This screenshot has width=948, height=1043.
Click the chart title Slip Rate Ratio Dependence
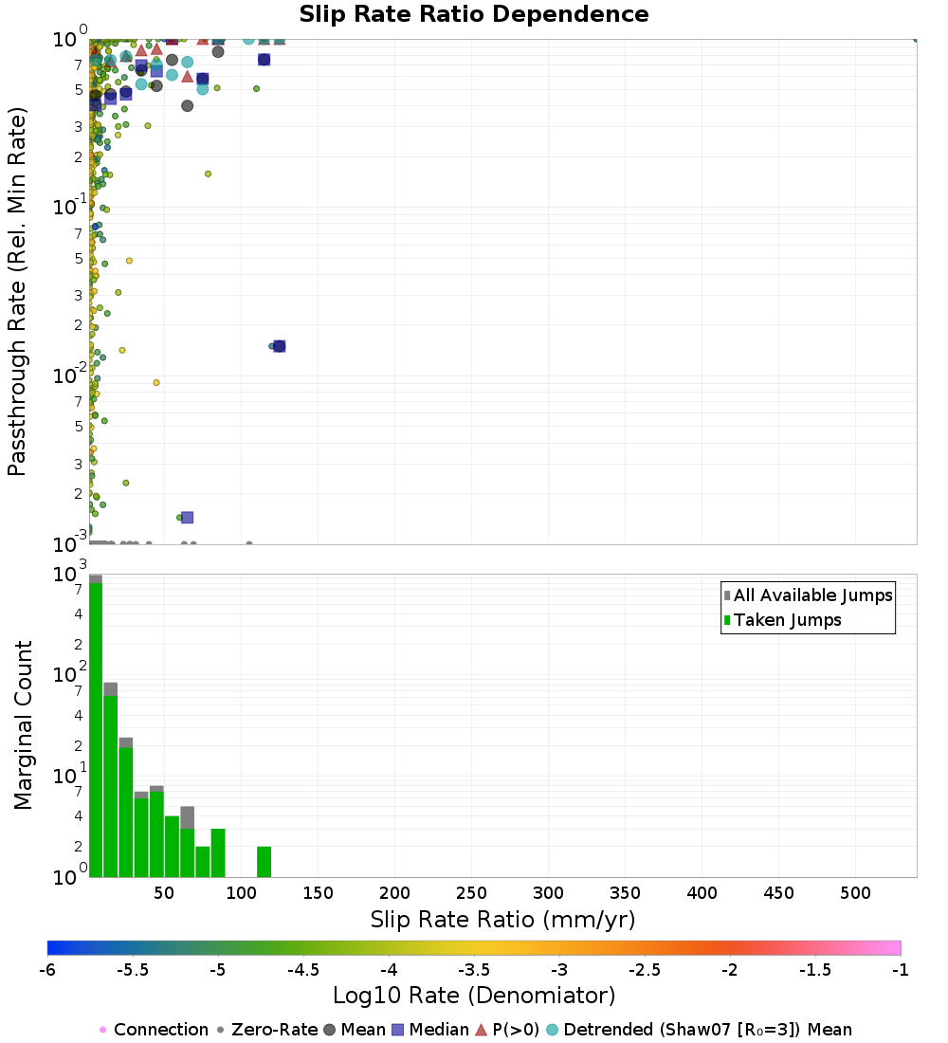(x=474, y=15)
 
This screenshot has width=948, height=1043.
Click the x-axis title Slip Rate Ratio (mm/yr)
(x=502, y=920)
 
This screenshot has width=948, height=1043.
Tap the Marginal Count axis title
(x=23, y=725)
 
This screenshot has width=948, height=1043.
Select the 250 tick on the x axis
(x=471, y=893)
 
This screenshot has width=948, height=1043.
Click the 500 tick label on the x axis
(x=856, y=893)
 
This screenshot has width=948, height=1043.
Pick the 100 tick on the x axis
(x=241, y=893)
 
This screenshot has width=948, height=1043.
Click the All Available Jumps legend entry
(x=812, y=595)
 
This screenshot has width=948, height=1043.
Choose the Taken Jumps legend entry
(x=787, y=621)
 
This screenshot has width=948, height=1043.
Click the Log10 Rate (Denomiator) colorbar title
(x=474, y=997)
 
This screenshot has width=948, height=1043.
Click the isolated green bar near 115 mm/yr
(x=264, y=861)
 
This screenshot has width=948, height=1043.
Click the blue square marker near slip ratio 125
(x=279, y=346)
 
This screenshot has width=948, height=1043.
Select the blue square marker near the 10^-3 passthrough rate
(x=187, y=517)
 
